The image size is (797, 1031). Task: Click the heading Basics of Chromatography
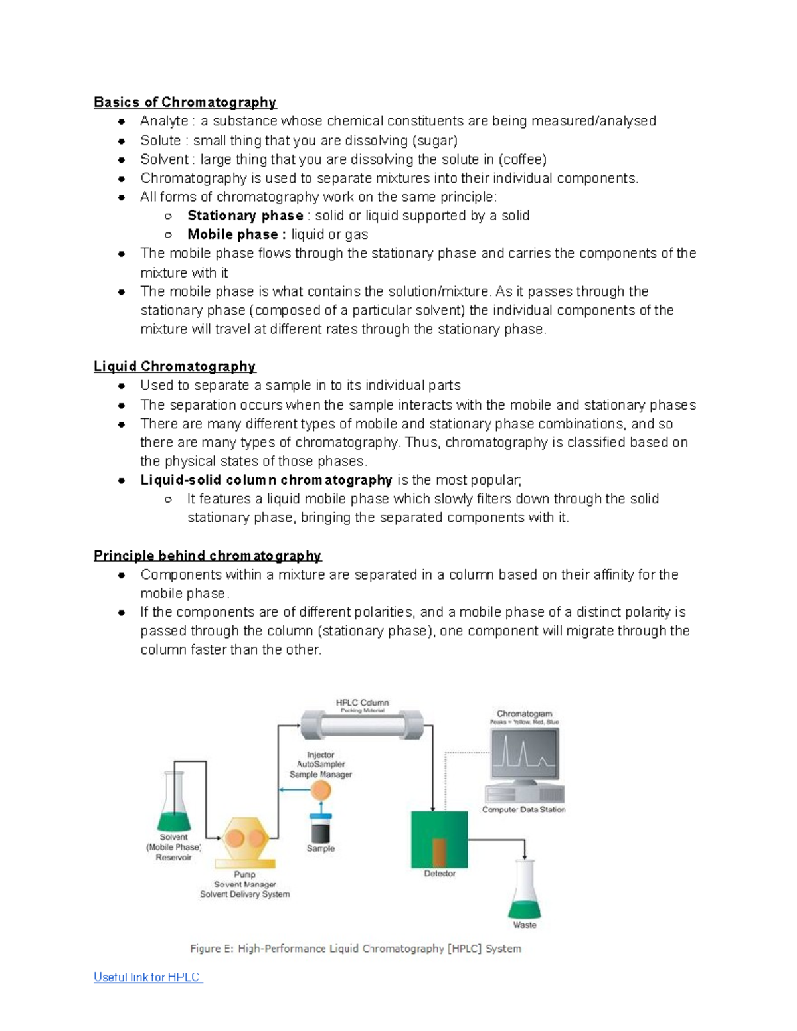tap(185, 102)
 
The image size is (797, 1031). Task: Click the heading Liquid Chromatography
tap(174, 366)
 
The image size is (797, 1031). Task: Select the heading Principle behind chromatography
tap(207, 556)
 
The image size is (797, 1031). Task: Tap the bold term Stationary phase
tap(245, 216)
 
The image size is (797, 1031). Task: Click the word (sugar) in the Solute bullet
tap(434, 141)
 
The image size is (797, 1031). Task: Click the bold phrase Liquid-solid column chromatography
tap(266, 480)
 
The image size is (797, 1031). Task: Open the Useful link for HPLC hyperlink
tap(148, 977)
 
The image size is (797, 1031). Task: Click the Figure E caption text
tap(355, 949)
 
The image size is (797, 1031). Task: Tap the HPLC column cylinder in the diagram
tap(362, 724)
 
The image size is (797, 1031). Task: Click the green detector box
tap(439, 839)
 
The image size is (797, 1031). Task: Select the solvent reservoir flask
tap(174, 805)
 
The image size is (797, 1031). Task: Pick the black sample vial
tap(321, 830)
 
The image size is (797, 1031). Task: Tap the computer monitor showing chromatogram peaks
tap(524, 754)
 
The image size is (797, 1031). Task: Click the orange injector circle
tap(321, 790)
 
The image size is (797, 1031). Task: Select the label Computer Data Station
tap(523, 809)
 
